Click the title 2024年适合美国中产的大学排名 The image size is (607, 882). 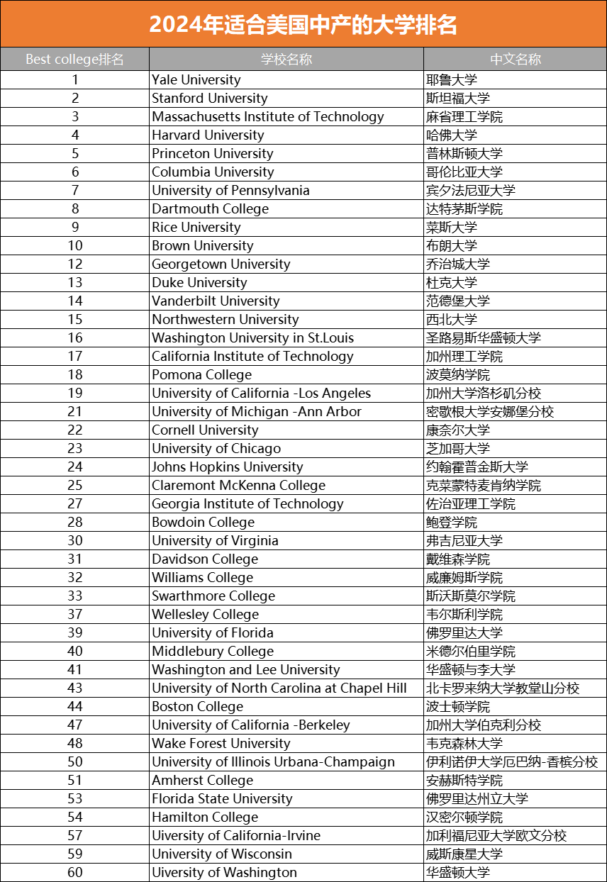(x=303, y=25)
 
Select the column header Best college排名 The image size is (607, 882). (x=74, y=59)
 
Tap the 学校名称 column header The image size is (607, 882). (x=286, y=59)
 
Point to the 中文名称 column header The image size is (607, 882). (x=515, y=59)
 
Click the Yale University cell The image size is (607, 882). (x=196, y=80)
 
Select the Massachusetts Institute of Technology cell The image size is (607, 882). (x=268, y=117)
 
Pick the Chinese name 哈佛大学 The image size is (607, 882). (x=452, y=135)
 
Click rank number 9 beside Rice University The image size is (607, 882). (x=75, y=228)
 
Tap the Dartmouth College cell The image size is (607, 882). (x=211, y=209)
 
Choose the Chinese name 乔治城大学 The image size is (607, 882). (x=458, y=264)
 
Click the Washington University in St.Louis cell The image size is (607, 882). (x=253, y=338)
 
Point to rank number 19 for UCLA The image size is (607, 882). (x=75, y=393)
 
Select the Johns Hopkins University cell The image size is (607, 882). (x=228, y=467)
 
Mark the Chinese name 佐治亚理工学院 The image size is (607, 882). (x=471, y=504)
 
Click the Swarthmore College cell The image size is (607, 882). (x=213, y=596)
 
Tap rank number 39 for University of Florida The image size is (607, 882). (x=75, y=633)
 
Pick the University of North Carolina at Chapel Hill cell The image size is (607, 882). (x=279, y=688)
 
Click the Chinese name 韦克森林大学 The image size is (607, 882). (x=464, y=744)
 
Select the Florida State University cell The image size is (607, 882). (x=222, y=799)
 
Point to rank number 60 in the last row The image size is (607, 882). (x=75, y=873)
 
